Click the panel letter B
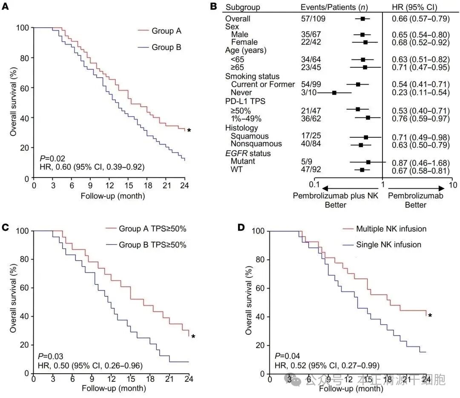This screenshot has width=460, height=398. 213,6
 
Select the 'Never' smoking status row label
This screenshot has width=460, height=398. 241,93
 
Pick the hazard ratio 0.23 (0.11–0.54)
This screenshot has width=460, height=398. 420,93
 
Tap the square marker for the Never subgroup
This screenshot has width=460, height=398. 334,93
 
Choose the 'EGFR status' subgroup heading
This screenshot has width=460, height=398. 248,153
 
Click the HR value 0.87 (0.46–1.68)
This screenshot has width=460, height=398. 420,162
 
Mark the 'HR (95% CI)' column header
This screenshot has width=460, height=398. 414,7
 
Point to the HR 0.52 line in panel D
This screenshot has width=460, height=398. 326,366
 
